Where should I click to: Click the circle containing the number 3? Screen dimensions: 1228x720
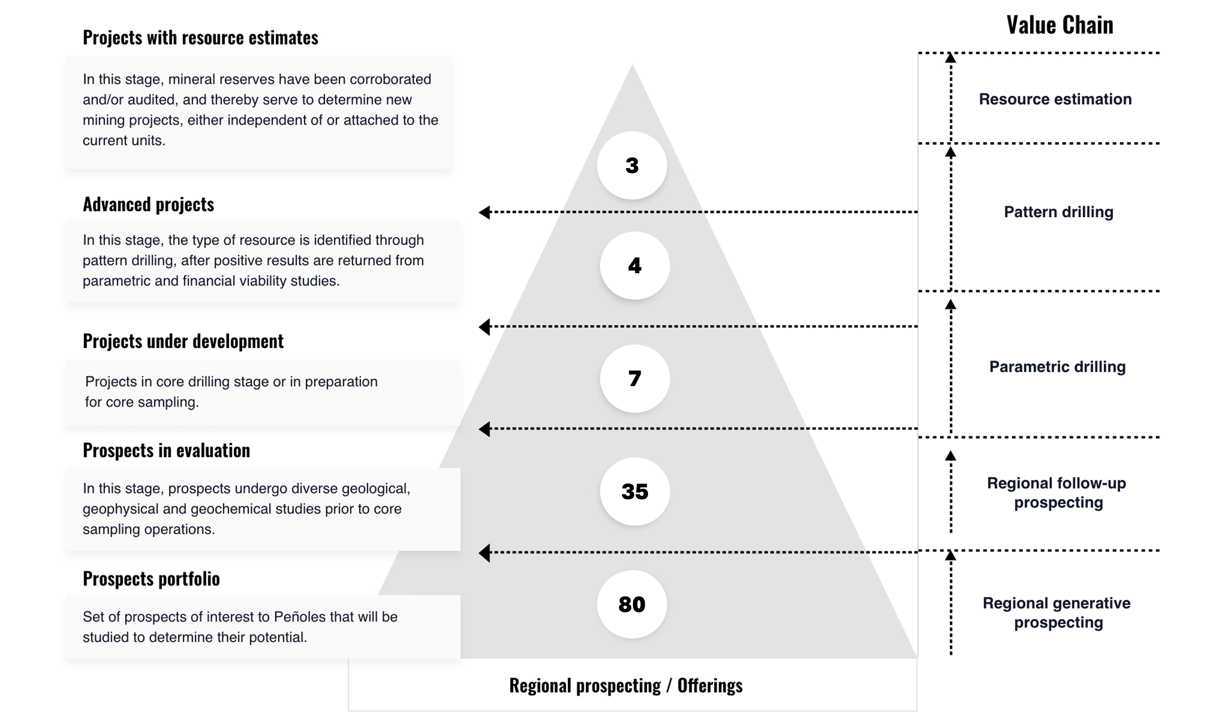coord(632,165)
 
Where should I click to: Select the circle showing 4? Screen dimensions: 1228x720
coord(634,266)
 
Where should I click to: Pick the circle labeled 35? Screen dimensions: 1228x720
coord(634,491)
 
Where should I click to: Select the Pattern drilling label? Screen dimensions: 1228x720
coord(1059,212)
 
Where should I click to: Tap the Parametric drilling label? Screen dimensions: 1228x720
coord(1057,367)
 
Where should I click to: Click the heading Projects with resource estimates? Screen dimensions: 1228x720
coord(200,38)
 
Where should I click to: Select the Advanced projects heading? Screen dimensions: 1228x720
coord(148,204)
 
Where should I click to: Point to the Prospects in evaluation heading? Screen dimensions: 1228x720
coord(166,450)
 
